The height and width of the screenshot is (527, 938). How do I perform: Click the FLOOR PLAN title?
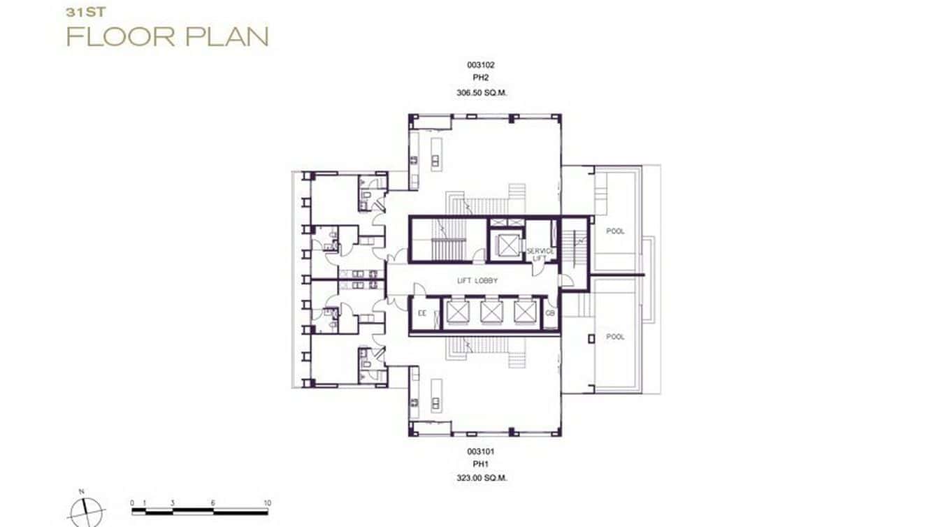point(168,36)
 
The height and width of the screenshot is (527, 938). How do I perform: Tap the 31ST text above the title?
point(81,12)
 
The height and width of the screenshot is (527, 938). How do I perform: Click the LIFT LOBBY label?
point(477,280)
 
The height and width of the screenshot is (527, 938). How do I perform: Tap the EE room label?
point(422,313)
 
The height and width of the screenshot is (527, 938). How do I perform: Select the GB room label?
point(550,313)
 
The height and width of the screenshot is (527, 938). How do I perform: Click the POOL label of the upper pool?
point(615,231)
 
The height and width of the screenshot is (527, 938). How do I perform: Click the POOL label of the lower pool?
point(615,337)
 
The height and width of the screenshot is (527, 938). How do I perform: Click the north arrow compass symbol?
point(87,510)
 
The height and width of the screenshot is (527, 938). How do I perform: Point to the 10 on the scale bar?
point(267,503)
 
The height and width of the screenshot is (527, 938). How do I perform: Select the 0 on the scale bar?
point(133,503)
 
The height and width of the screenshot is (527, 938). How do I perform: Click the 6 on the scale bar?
point(213,503)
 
